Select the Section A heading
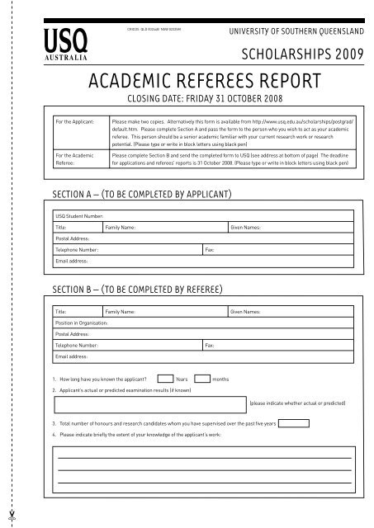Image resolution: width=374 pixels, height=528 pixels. click(x=140, y=195)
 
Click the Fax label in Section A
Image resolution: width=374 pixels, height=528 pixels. click(x=210, y=248)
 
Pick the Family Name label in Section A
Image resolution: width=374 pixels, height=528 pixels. click(x=121, y=225)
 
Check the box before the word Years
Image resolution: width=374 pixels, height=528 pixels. click(x=165, y=377)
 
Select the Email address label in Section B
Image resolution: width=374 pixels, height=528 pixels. click(x=72, y=356)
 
